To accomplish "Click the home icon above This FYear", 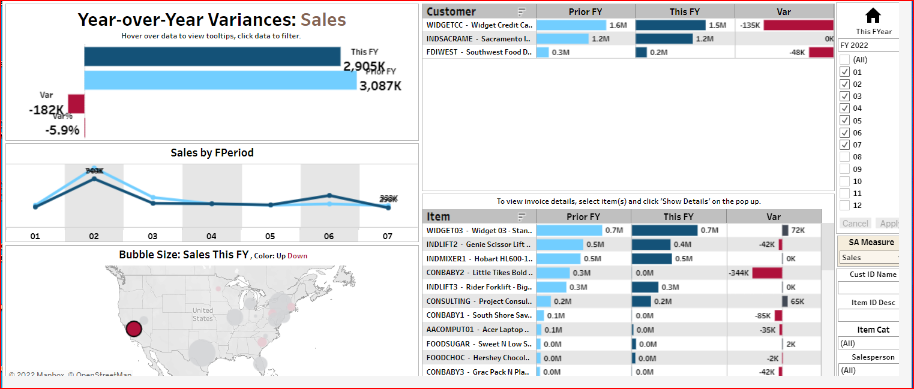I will pos(873,16).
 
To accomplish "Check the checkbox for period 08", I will pos(844,157).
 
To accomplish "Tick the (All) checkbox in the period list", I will pos(844,60).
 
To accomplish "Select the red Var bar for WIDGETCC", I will pos(799,25).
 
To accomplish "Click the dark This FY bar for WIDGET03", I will pos(664,230).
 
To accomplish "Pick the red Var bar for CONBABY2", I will pos(767,273).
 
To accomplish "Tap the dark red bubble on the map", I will pos(134,328).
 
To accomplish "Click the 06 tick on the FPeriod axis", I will pos(329,236).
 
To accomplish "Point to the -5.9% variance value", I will pos(62,129).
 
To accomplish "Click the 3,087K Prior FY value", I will pos(380,86).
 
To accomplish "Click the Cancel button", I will pos(855,224).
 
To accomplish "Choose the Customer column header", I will pos(451,11).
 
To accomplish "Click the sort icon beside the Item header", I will pos(522,216).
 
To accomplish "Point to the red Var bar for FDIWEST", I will pos(821,52).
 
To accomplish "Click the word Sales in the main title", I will pos(323,20).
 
